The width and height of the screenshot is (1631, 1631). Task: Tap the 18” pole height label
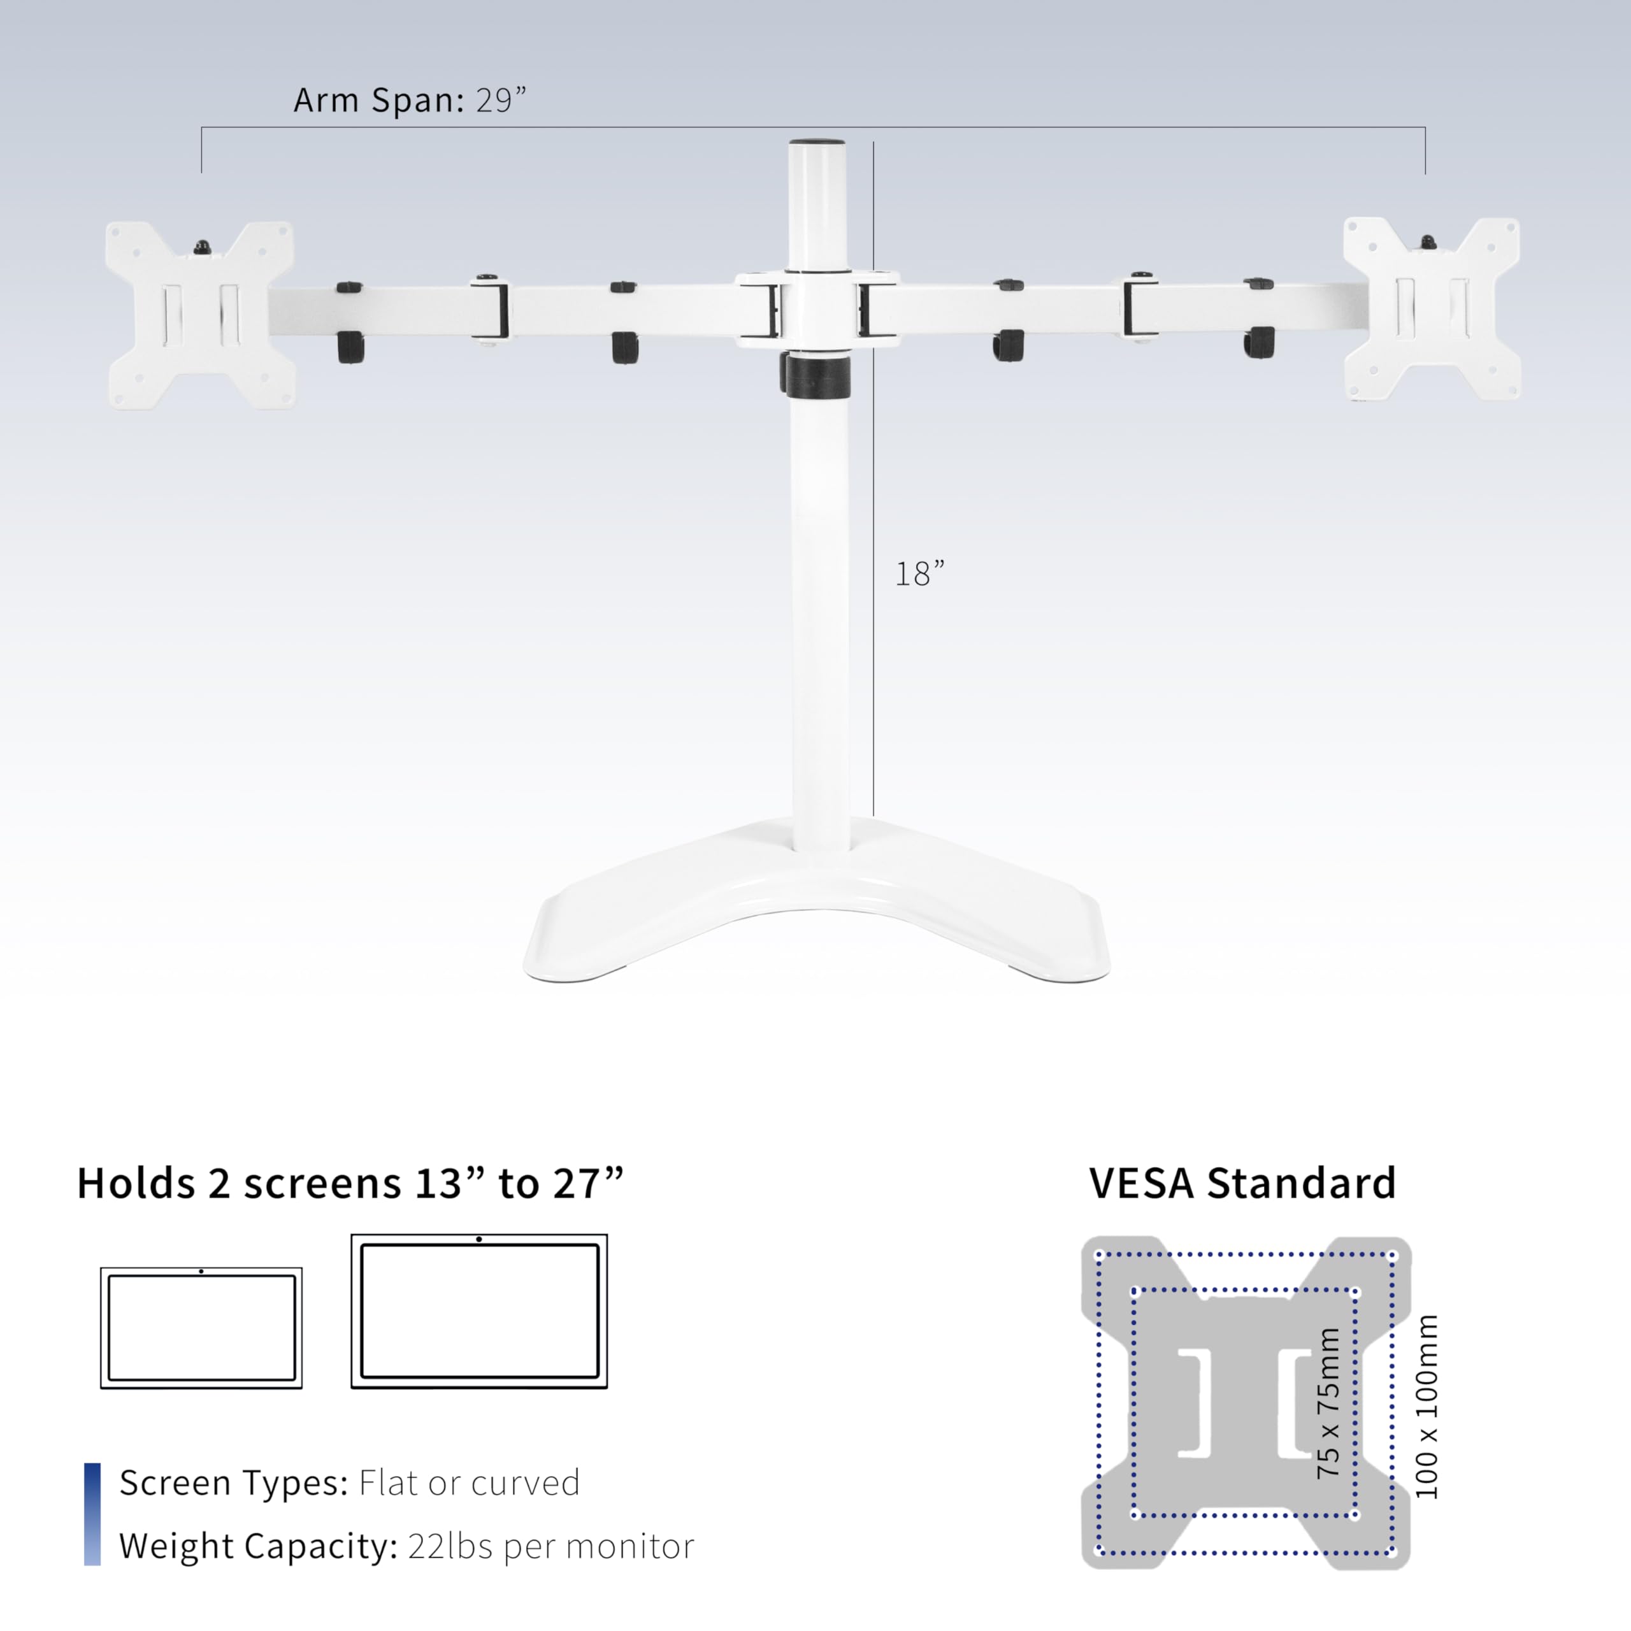click(x=919, y=574)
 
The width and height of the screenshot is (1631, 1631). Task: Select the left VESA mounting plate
click(x=200, y=315)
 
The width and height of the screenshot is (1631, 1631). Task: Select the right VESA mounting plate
click(x=1432, y=309)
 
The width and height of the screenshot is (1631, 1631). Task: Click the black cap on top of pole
click(x=816, y=145)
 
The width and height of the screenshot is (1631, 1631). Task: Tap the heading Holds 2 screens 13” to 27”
click(x=350, y=1184)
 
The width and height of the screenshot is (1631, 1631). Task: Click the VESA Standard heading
click(x=1242, y=1184)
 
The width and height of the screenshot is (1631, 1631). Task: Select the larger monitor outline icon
click(x=478, y=1311)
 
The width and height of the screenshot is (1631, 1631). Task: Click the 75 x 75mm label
click(x=1328, y=1403)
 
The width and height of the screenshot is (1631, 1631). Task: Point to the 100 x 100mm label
click(x=1426, y=1407)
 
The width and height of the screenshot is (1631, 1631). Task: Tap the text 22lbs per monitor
click(x=550, y=1546)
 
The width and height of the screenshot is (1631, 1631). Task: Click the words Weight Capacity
click(x=257, y=1546)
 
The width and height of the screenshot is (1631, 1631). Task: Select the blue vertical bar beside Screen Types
click(x=92, y=1514)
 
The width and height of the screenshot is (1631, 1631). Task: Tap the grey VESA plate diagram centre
click(x=1245, y=1403)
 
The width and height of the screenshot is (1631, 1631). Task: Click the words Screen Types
click(x=233, y=1483)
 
